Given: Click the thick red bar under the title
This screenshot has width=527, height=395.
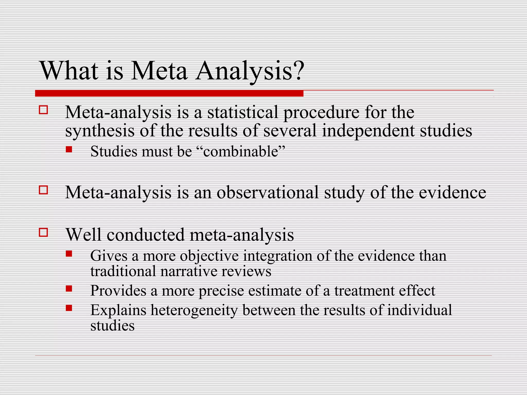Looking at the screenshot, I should point(169,93).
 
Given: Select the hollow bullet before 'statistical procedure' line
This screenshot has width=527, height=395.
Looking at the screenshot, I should point(43,110).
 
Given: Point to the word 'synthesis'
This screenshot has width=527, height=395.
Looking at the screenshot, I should point(100,131).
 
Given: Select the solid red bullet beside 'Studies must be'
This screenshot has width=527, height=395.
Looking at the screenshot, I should point(69,149).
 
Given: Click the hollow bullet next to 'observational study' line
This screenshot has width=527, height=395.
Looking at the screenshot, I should point(43,190).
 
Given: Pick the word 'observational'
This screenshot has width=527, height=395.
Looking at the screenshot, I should point(268,192).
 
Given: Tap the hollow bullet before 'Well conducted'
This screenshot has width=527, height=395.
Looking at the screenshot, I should point(43,232).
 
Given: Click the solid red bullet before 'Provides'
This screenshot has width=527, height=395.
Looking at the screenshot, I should point(69,289).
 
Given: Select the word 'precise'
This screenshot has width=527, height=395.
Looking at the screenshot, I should point(221,291).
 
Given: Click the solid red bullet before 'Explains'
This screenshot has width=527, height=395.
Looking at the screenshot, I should point(69,308).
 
